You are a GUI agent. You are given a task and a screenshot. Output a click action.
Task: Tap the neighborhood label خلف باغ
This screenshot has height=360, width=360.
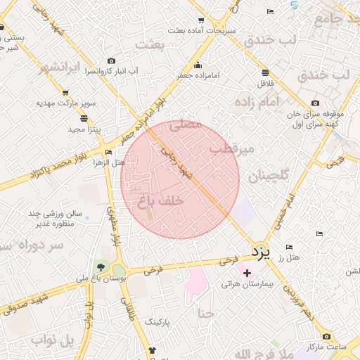(161, 200)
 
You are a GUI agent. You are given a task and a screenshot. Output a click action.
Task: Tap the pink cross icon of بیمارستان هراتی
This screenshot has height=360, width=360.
(247, 272)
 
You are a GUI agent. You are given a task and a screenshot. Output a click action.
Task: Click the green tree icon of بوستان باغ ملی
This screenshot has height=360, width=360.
(99, 267)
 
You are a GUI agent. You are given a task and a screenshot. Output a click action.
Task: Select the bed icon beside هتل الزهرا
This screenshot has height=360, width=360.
(108, 152)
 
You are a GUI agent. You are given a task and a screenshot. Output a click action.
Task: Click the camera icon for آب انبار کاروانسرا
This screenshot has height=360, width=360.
(110, 61)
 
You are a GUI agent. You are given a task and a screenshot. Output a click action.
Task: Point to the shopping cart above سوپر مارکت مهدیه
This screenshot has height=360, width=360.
(65, 92)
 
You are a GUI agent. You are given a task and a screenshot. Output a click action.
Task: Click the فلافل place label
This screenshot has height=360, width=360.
(283, 84)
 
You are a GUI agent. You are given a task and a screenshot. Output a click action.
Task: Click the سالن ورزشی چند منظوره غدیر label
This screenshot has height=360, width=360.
(55, 218)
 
